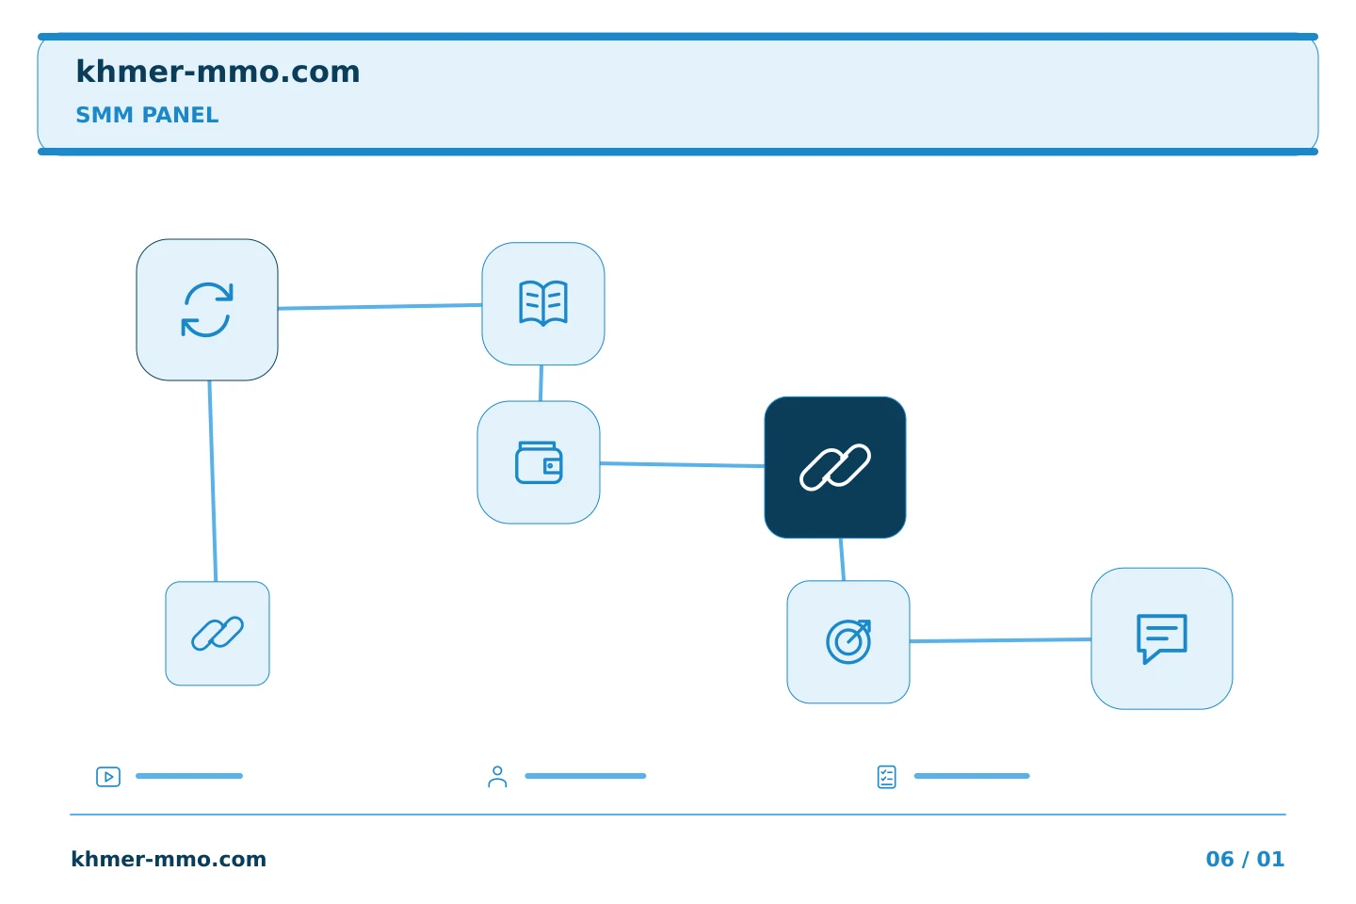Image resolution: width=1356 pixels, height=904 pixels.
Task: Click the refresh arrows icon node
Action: [x=207, y=310]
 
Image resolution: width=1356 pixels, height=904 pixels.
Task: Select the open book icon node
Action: [x=543, y=304]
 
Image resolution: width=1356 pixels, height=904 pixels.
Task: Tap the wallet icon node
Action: [x=539, y=462]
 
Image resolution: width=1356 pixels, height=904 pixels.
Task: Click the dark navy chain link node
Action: [x=835, y=467]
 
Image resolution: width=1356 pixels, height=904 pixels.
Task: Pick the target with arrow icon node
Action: [x=848, y=642]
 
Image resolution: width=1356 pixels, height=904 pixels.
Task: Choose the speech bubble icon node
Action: [x=1162, y=638]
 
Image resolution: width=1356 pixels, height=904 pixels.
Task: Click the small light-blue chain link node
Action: [x=218, y=634]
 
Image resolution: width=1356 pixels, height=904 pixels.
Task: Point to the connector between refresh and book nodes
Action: [x=380, y=306]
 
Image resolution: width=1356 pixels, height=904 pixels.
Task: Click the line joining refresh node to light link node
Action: [x=213, y=481]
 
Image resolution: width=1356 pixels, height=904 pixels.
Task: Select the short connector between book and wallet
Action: [x=541, y=383]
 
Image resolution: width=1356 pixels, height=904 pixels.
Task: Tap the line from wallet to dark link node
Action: [x=682, y=464]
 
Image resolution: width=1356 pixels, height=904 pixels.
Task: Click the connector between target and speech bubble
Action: [x=1001, y=640]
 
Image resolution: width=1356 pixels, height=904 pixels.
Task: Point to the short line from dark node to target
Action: [x=842, y=559]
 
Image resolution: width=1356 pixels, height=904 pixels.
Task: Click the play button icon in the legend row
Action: [x=108, y=777]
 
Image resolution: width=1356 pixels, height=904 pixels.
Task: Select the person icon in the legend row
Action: [x=497, y=777]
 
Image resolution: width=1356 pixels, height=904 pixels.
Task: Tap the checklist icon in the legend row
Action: [x=887, y=777]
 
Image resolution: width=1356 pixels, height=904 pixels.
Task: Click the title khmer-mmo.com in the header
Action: [x=218, y=72]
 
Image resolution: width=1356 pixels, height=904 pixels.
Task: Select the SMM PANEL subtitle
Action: [x=147, y=115]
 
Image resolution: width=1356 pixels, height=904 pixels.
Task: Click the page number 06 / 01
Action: [x=1245, y=859]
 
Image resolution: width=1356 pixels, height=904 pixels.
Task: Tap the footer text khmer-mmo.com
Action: [x=169, y=859]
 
